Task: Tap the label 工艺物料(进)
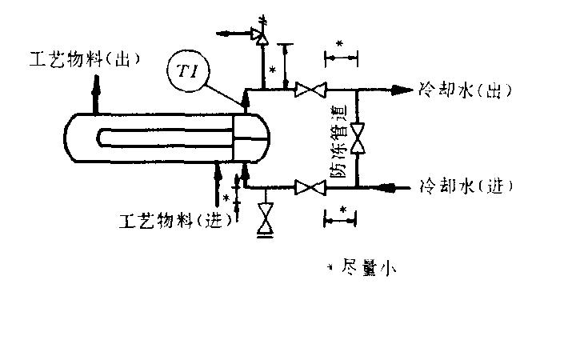pos(175,218)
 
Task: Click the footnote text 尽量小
pos(369,270)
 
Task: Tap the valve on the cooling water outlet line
pos(309,90)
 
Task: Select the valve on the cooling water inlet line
pos(309,188)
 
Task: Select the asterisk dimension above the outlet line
pos(341,56)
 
